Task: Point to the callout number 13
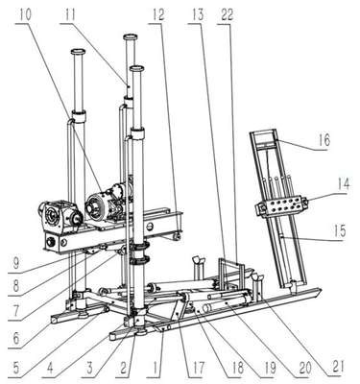(x=199, y=15)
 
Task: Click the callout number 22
(x=227, y=15)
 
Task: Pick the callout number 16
(x=324, y=140)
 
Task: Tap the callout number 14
(x=343, y=185)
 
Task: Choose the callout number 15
(x=340, y=231)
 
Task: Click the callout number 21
(x=337, y=367)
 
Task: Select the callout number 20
(x=304, y=368)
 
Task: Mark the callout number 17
(x=198, y=369)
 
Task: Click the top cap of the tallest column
(x=131, y=36)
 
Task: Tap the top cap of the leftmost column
(x=78, y=51)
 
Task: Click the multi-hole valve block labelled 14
(x=281, y=204)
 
